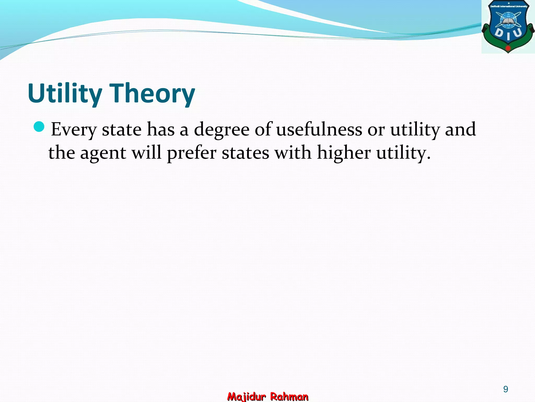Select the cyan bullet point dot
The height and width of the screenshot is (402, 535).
click(x=39, y=127)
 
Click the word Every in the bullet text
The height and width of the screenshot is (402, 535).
click(x=74, y=129)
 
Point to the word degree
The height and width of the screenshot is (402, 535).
click(x=222, y=129)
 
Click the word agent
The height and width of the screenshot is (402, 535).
click(x=103, y=153)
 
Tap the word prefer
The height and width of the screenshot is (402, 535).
click(x=191, y=153)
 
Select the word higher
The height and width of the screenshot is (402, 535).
click(x=344, y=153)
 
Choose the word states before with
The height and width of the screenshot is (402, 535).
click(x=245, y=153)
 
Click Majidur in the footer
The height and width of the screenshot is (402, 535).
click(x=246, y=397)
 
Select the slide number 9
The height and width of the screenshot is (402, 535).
click(x=505, y=389)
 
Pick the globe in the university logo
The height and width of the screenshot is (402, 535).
click(x=508, y=20)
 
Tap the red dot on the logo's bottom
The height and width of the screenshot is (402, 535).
click(x=508, y=48)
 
